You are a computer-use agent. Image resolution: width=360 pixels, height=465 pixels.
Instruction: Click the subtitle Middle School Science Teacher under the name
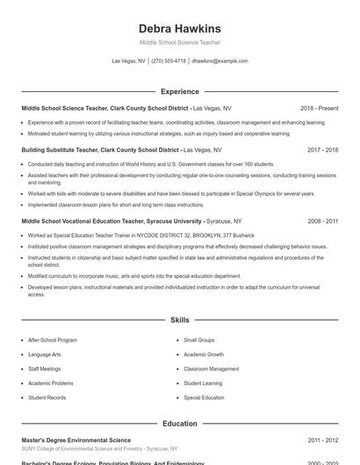point(179,42)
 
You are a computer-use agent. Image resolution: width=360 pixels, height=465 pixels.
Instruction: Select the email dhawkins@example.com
point(220,61)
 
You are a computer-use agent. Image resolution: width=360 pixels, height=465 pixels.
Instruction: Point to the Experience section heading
point(179,91)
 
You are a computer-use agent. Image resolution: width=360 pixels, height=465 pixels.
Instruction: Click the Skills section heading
point(179,320)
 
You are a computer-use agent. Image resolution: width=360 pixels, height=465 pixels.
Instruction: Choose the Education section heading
point(179,424)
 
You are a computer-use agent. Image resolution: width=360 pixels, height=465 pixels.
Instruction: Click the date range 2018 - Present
point(319,108)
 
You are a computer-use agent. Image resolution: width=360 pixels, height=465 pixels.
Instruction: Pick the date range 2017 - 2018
point(322,150)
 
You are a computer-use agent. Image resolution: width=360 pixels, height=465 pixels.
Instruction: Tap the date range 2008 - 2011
point(322,222)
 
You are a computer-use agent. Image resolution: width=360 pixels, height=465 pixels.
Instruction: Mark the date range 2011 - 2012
point(322,440)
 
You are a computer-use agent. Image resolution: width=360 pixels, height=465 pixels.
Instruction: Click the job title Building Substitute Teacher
point(60,150)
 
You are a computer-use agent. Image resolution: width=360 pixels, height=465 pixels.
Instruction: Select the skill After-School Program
point(53,340)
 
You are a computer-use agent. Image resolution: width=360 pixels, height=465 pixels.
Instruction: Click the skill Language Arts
point(45,354)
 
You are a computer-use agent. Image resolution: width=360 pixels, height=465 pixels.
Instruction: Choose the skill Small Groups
point(198,340)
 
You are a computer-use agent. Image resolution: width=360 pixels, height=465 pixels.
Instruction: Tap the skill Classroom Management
point(211,369)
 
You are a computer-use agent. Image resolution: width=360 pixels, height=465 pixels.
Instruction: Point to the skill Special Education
point(204,397)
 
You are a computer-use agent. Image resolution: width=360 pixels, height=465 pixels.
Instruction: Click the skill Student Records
point(47,397)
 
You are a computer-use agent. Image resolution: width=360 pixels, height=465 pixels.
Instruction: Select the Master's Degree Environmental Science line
point(76,440)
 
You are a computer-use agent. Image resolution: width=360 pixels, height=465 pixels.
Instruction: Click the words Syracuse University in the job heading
point(172,222)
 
